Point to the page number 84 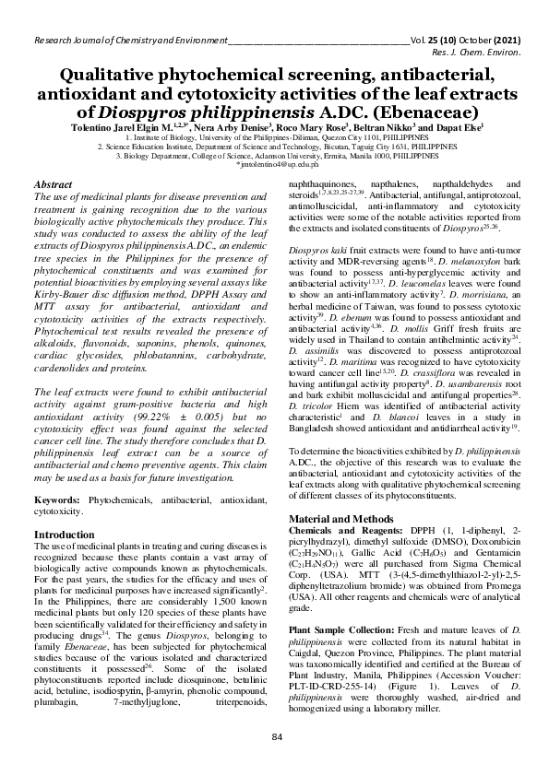pos(275,737)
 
